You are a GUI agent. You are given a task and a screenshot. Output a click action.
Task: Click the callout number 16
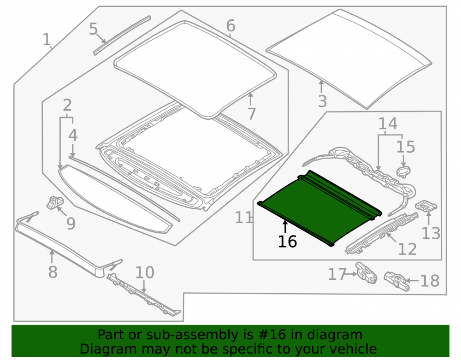[x=287, y=242]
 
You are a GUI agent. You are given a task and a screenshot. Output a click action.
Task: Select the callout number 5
[x=93, y=29]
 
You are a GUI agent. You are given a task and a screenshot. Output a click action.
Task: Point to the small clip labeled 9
[x=55, y=202]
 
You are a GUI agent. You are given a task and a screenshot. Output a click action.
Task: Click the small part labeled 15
[x=403, y=171]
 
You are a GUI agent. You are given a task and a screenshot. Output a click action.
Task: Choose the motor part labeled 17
[x=366, y=273]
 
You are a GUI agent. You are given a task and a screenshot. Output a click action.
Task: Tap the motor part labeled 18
[x=397, y=281]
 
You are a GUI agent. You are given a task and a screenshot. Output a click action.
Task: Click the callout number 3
[x=323, y=101]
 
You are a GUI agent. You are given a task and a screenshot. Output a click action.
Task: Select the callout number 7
[x=251, y=114]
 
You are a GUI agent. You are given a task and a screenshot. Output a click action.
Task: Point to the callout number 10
[x=145, y=272]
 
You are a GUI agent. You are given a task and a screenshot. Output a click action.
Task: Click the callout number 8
[x=53, y=272]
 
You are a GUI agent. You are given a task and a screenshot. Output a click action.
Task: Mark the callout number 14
[x=388, y=124]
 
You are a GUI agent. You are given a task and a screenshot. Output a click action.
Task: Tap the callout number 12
[x=407, y=249]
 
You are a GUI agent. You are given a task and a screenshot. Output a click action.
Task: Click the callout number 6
[x=231, y=25]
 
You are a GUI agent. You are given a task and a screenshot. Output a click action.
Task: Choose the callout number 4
[x=73, y=135]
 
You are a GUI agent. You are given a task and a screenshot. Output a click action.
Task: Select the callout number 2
[x=67, y=105]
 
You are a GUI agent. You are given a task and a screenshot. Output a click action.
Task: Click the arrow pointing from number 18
[x=413, y=281]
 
